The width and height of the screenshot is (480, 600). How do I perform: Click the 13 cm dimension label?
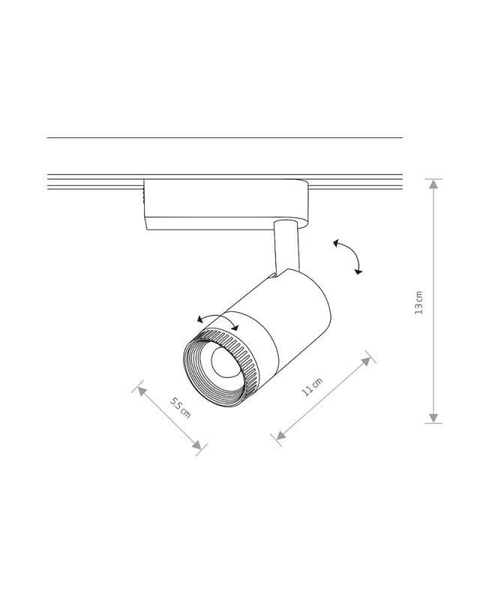point(419,302)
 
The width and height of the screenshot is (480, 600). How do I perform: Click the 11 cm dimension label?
point(312,388)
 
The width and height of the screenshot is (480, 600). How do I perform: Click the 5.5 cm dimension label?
point(180,409)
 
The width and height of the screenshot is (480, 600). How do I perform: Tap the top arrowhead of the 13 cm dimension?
point(433,184)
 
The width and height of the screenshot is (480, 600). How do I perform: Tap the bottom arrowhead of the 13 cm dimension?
point(433,418)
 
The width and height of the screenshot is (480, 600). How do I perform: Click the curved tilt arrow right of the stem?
point(349,255)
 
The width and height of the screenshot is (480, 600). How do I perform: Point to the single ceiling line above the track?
point(225,138)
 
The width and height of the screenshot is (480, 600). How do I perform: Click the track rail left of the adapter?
point(94,182)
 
